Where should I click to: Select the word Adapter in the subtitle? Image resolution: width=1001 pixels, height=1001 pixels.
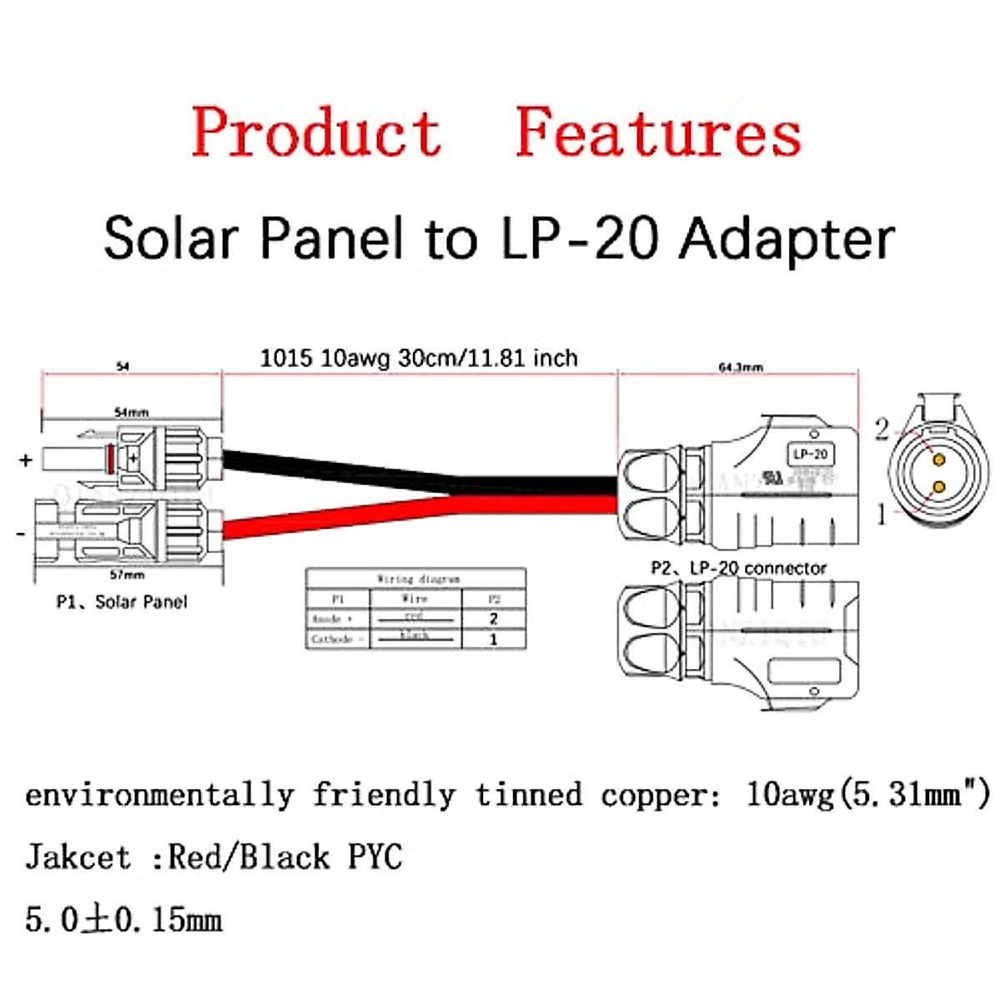[x=787, y=239]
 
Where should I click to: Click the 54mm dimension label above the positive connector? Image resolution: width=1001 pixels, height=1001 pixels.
[x=131, y=412]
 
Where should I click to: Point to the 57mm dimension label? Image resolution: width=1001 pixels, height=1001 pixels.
[x=127, y=575]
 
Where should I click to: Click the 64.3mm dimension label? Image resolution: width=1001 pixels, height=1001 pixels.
[x=741, y=367]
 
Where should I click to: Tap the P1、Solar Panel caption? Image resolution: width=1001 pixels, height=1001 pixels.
[x=122, y=601]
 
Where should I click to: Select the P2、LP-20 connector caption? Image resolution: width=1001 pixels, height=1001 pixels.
[x=738, y=568]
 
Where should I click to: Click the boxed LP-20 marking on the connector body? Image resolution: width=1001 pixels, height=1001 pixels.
[x=811, y=454]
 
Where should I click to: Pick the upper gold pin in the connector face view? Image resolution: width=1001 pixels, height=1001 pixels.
[x=939, y=460]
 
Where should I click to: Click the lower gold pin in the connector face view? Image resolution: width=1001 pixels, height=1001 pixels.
[x=939, y=486]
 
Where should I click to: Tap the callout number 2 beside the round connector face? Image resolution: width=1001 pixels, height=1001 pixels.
[x=882, y=430]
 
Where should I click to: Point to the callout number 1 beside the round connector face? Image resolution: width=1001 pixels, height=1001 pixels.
[x=882, y=514]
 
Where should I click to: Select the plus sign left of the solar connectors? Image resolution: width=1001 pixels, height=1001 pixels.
[x=26, y=460]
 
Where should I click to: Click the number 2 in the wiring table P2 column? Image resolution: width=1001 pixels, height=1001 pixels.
[x=494, y=619]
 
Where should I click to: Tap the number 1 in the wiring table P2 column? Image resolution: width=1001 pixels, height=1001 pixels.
[x=494, y=640]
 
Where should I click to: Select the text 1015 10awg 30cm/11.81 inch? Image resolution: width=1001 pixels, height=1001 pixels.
[x=419, y=359]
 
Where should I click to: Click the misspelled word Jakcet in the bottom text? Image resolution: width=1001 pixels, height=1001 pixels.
[x=78, y=857]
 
